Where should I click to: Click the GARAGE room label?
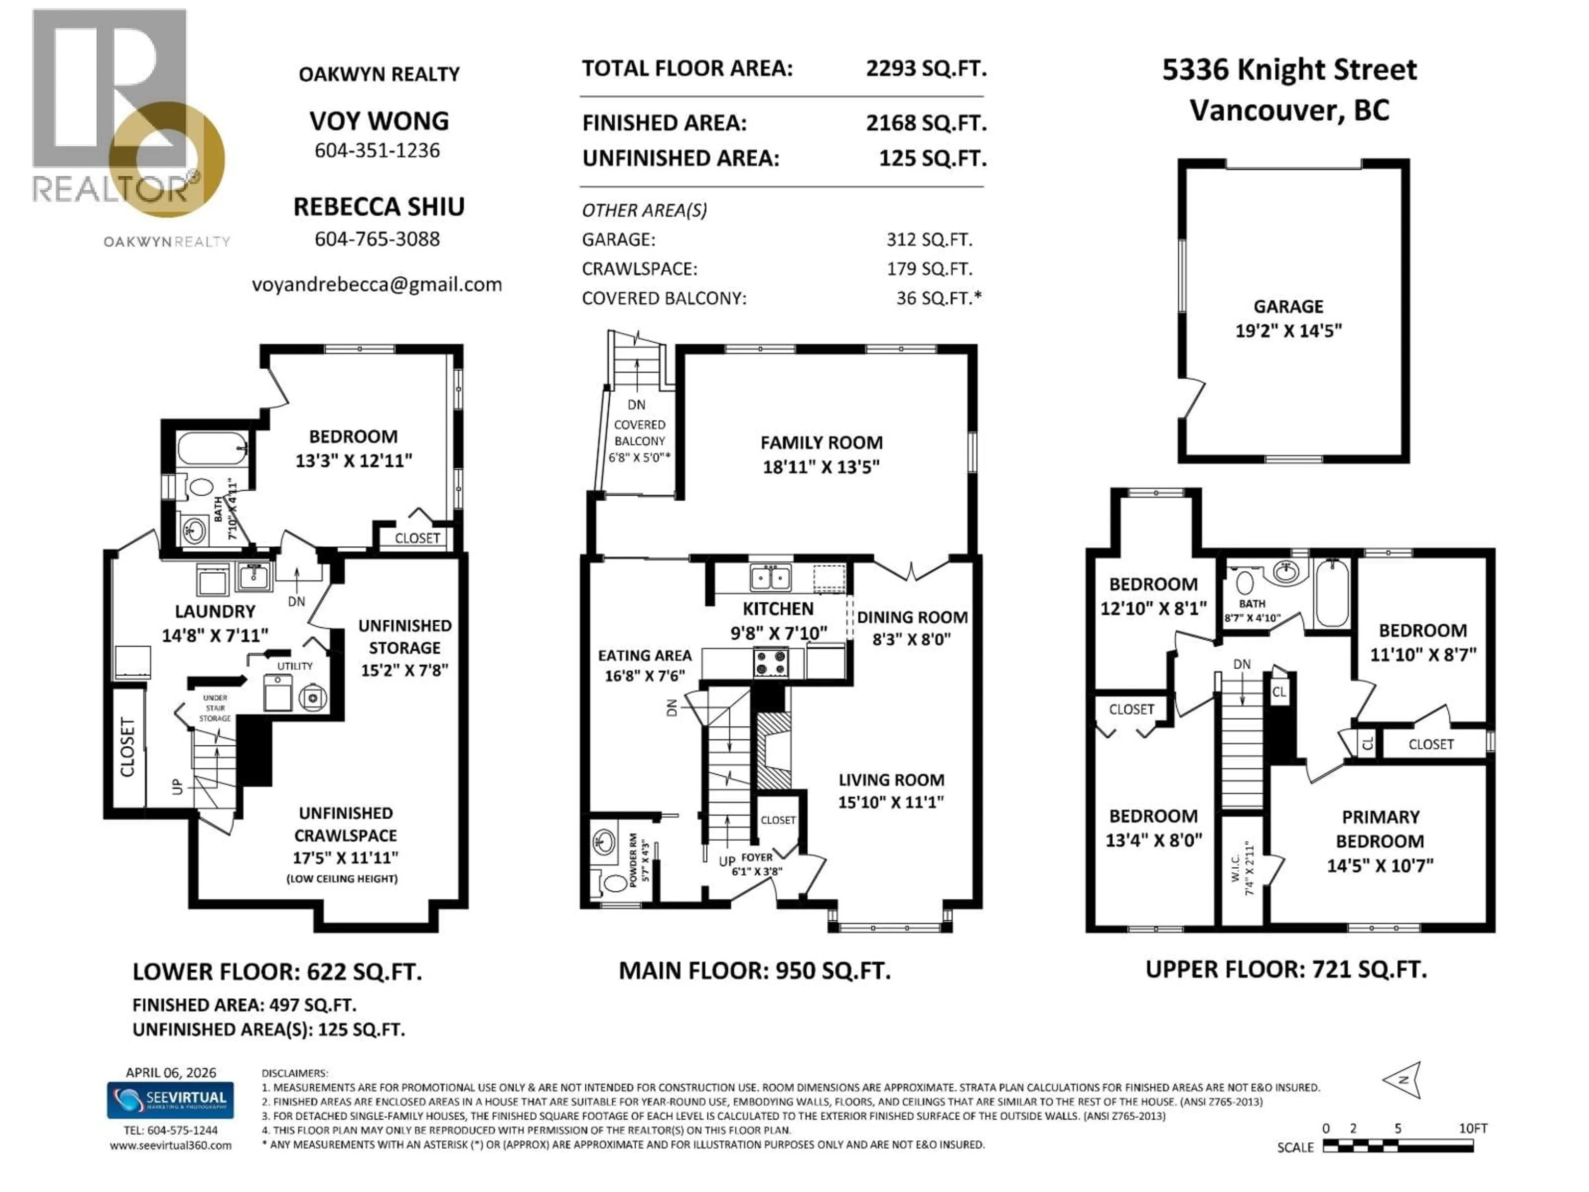[1288, 307]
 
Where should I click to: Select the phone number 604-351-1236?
[377, 150]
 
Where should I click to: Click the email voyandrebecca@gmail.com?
[377, 284]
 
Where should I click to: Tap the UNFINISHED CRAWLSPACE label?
[346, 824]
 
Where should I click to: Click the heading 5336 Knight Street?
[1289, 70]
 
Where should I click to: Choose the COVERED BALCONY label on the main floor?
[639, 433]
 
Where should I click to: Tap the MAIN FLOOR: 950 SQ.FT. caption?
[754, 971]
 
